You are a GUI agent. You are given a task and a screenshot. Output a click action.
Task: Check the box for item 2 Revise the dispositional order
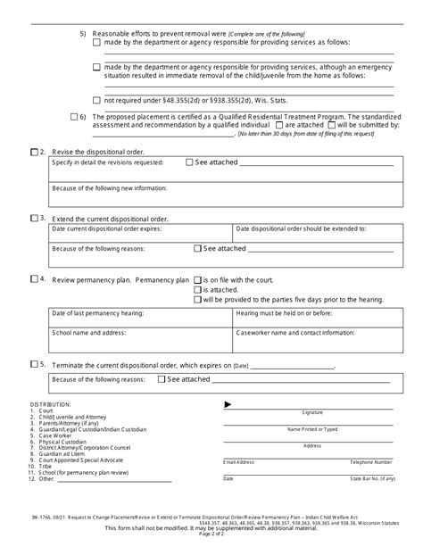coord(33,153)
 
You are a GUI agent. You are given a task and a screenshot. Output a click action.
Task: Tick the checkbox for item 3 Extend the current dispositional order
coord(33,218)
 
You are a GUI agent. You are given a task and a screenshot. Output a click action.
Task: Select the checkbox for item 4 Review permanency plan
coord(33,279)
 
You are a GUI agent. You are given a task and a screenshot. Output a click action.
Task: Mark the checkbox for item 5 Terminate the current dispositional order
coord(33,365)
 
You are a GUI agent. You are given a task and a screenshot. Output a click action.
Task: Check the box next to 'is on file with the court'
coord(197,279)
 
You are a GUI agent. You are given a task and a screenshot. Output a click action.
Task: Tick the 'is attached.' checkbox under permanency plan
coord(197,289)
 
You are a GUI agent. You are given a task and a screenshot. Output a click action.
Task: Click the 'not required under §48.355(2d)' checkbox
coord(96,100)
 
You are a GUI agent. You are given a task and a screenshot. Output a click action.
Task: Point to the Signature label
coord(312,413)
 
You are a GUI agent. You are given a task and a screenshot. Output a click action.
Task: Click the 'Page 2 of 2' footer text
coord(211,532)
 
